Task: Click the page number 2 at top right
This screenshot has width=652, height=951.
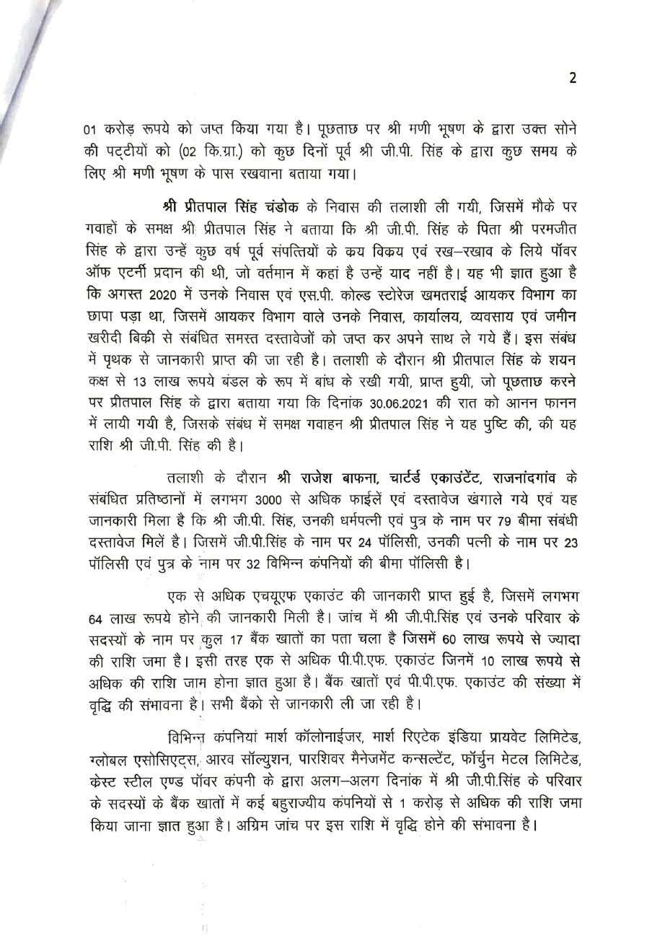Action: point(573,79)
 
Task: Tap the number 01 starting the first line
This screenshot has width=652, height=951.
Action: point(89,131)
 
